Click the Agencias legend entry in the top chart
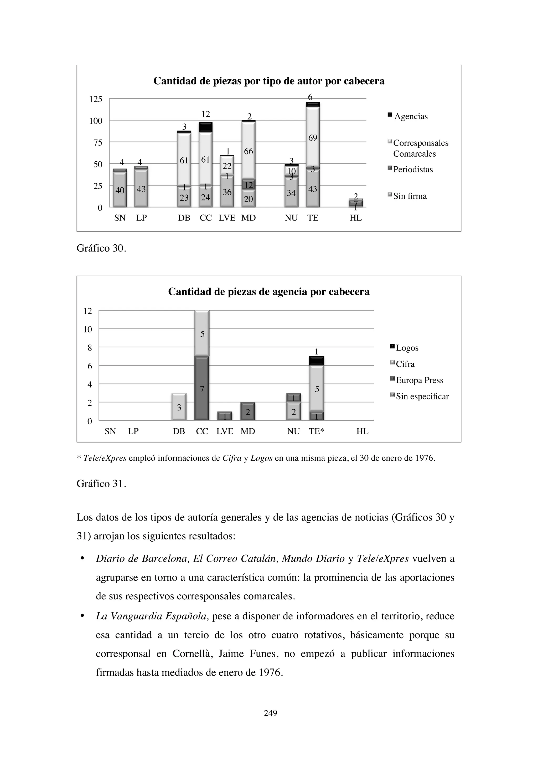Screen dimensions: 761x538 pyautogui.click(x=410, y=116)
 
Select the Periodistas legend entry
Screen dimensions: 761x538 pyautogui.click(x=413, y=169)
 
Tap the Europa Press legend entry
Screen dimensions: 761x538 pyautogui.click(x=419, y=380)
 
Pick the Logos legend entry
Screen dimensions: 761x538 pyautogui.click(x=407, y=348)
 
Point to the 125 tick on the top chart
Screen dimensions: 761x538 pyautogui.click(x=96, y=99)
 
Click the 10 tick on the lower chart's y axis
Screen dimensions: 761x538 pyautogui.click(x=87, y=330)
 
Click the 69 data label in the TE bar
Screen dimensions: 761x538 pyautogui.click(x=313, y=138)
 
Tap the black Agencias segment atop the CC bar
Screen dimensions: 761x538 pyautogui.click(x=206, y=127)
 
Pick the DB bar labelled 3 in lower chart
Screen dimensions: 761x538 pyautogui.click(x=179, y=407)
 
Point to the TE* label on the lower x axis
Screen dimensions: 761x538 pyautogui.click(x=316, y=431)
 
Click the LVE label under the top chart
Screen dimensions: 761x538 pyautogui.click(x=227, y=218)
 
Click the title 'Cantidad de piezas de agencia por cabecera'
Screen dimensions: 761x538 pyautogui.click(x=269, y=292)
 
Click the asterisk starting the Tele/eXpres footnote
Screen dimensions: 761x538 pyautogui.click(x=79, y=458)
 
